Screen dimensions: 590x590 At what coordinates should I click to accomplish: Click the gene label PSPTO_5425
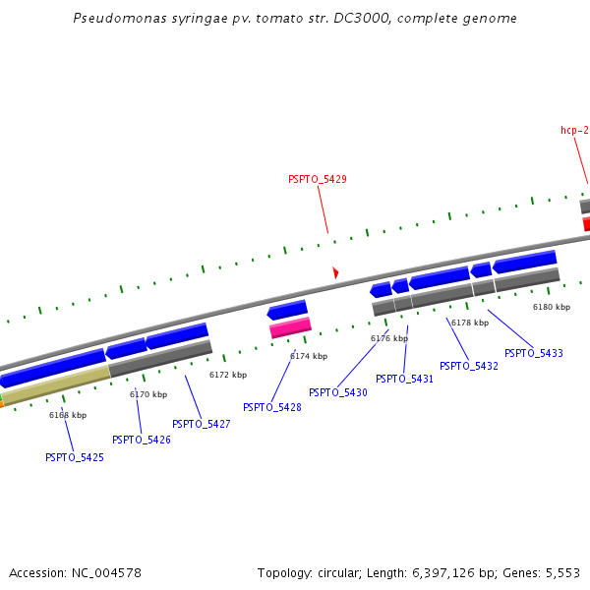click(x=75, y=457)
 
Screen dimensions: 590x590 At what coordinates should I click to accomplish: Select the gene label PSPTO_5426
click(x=142, y=440)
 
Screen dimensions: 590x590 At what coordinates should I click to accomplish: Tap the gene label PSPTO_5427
click(x=202, y=424)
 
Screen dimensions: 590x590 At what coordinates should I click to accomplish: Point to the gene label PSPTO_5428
click(x=272, y=407)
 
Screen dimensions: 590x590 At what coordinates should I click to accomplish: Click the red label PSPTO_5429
click(x=317, y=179)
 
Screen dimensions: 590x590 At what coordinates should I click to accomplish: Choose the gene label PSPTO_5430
click(x=338, y=392)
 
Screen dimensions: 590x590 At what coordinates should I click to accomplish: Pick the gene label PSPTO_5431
click(x=404, y=379)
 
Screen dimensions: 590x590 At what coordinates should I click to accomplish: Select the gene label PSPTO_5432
click(x=469, y=366)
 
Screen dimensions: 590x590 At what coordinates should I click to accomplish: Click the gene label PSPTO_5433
click(x=534, y=353)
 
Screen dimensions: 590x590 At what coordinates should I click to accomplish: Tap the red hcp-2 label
click(x=574, y=130)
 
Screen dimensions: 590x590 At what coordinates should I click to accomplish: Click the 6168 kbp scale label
click(x=68, y=415)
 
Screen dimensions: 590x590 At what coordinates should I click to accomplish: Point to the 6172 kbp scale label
click(x=228, y=375)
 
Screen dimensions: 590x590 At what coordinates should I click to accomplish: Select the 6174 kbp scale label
click(x=309, y=356)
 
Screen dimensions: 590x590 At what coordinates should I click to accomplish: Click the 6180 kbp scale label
click(x=552, y=307)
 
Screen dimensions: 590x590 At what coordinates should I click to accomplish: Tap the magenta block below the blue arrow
click(x=290, y=327)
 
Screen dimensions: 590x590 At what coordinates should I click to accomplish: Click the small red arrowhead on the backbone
click(x=335, y=271)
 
